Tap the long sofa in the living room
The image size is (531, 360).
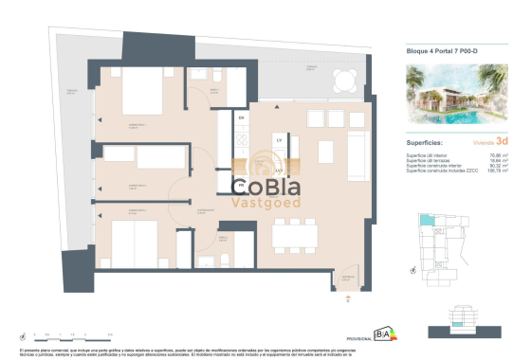(357, 149)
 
